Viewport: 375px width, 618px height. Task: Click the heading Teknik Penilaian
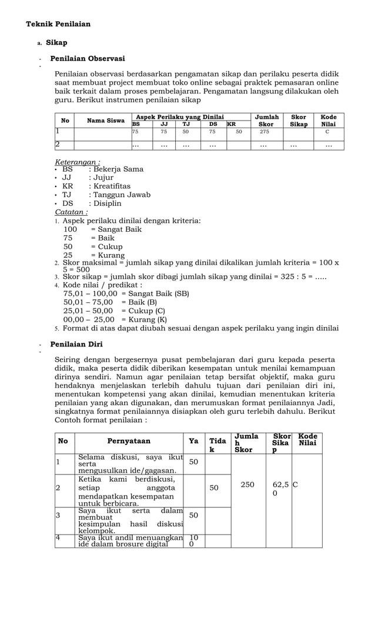[58, 24]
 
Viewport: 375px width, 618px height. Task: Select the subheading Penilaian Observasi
[88, 59]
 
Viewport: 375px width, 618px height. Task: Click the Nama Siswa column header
[106, 121]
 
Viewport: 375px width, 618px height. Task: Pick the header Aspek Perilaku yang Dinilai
[179, 118]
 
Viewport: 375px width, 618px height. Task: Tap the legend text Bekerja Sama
[116, 169]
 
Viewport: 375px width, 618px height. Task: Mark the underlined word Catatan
[71, 212]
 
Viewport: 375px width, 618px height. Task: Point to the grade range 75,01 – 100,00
[90, 293]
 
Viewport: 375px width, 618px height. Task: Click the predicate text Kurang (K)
[144, 319]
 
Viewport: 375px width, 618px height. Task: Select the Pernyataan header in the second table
[129, 441]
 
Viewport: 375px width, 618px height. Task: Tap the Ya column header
[193, 441]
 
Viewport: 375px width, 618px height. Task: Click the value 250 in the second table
[247, 485]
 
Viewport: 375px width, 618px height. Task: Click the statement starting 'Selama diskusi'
[130, 463]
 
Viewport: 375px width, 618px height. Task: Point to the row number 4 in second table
[58, 537]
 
